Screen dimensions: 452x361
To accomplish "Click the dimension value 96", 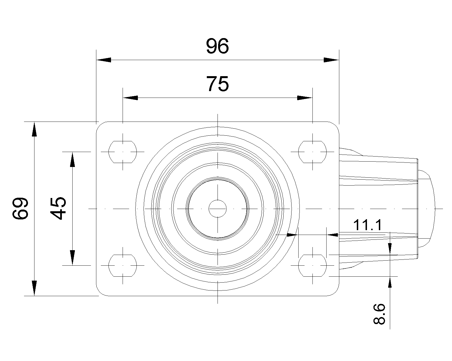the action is [218, 46].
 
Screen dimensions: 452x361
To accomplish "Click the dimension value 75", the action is [218, 84].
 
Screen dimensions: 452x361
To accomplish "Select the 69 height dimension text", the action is [20, 208].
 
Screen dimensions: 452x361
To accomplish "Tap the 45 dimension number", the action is [58, 208].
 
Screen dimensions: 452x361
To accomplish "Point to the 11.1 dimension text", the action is [368, 225].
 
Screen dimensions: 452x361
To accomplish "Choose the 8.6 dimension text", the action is [379, 314].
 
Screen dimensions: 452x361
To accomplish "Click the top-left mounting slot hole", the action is [123, 152].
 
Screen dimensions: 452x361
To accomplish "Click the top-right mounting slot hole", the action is [312, 152].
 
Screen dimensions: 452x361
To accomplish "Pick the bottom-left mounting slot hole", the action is [123, 266].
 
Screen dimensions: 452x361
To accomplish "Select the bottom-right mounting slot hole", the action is [312, 266].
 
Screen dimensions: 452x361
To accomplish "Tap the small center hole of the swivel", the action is [218, 209].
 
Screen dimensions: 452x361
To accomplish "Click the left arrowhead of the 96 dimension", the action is [104, 60].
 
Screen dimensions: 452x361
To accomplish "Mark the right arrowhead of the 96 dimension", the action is [331, 60].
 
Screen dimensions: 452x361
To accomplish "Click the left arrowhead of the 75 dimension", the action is [130, 98].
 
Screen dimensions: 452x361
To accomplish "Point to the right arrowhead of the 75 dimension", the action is [305, 98].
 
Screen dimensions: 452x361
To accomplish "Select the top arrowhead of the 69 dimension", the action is [34, 129].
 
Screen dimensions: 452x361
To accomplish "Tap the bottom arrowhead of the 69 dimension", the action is [34, 288].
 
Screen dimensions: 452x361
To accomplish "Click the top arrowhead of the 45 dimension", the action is [73, 159].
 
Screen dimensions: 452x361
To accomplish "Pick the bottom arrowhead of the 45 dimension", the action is [73, 258].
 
